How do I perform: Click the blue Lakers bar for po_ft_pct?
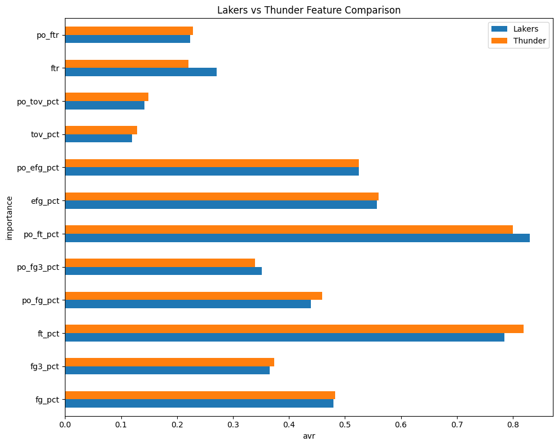point(297,238)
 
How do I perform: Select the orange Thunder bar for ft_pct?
point(294,329)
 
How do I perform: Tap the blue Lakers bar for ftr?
point(140,72)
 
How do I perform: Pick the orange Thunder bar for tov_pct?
point(101,130)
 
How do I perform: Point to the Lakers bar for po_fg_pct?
point(188,304)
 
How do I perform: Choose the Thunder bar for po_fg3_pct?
point(160,263)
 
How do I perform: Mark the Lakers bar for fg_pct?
point(199,403)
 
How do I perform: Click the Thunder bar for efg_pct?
point(222,196)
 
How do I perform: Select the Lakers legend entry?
point(517,29)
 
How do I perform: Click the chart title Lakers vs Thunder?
point(309,10)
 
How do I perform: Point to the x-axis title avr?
point(309,435)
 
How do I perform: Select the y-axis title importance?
point(10,217)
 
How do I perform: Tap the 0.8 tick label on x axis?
point(456,423)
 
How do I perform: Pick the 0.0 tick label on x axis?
point(65,423)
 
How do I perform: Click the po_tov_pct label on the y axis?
point(38,102)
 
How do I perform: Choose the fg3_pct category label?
point(45,366)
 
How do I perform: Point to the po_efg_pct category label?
point(38,168)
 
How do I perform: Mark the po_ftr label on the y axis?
point(48,36)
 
